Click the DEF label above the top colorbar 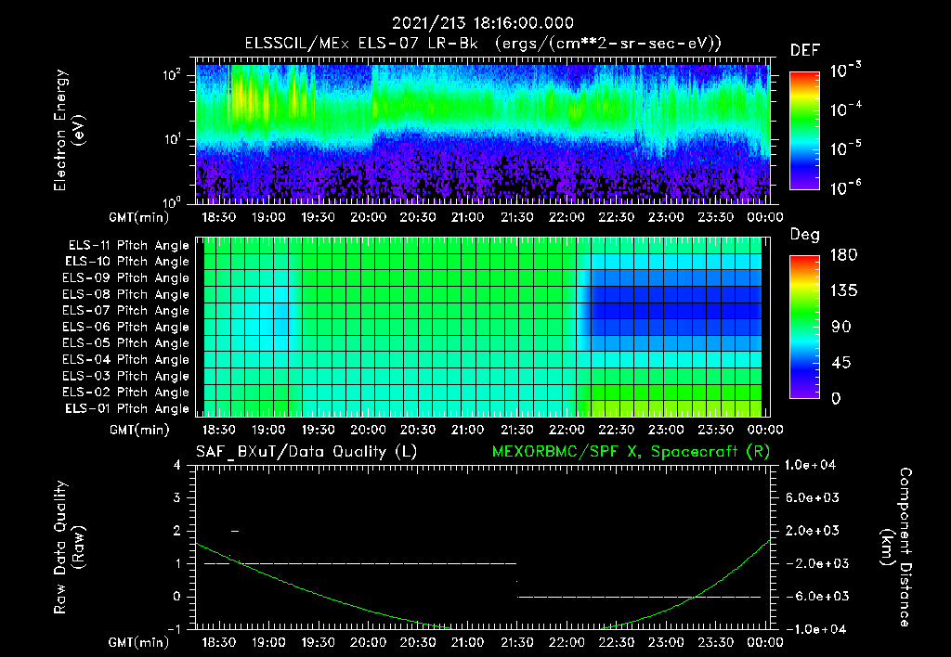tap(804, 50)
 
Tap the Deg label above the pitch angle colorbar tap(804, 235)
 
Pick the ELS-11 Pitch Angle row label tap(128, 246)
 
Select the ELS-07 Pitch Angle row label tap(128, 311)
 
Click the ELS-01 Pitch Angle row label tap(128, 409)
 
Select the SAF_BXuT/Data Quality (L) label tap(306, 451)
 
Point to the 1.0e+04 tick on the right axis tap(813, 466)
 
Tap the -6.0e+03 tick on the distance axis tap(813, 597)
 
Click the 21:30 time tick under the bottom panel tap(516, 642)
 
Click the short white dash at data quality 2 tap(235, 531)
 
